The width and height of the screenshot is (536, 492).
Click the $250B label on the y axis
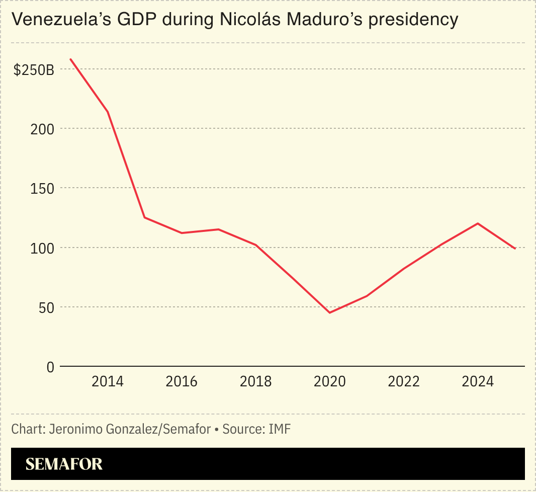(34, 70)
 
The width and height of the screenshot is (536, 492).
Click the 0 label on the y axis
(50, 367)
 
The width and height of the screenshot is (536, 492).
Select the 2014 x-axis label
(108, 382)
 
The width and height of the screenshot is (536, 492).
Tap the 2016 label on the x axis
(182, 382)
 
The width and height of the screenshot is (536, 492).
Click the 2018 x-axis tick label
(255, 382)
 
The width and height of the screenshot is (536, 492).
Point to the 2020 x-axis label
(330, 382)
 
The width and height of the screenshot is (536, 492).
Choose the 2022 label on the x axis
(404, 382)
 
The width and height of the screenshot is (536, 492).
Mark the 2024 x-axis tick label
(478, 382)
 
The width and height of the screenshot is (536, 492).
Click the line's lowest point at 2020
(330, 313)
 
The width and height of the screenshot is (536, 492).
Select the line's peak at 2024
(478, 223)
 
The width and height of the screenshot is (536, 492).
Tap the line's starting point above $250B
(70, 59)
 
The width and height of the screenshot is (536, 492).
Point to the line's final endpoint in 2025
(515, 249)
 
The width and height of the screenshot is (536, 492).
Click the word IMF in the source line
(280, 429)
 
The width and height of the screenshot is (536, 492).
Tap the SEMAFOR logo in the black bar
(64, 464)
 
